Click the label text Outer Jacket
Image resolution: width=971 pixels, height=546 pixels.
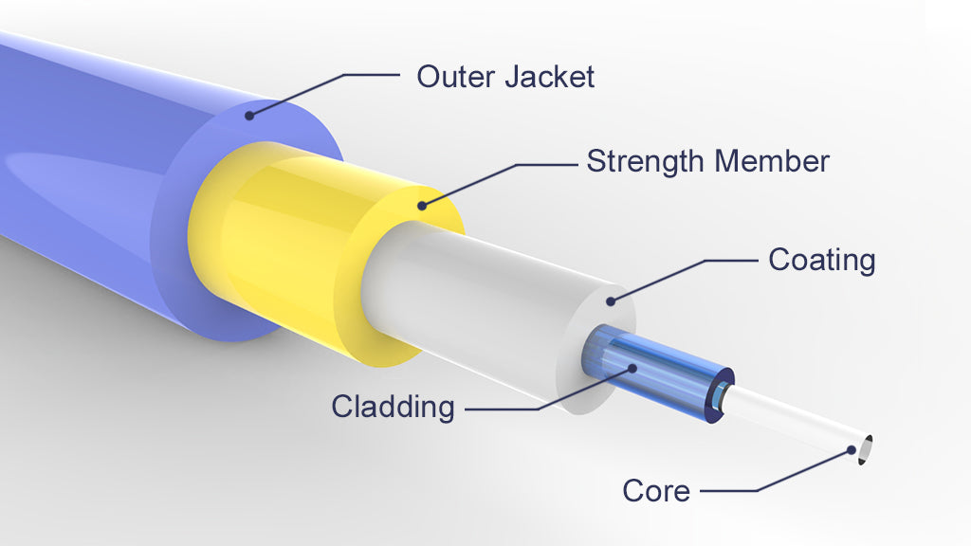[x=505, y=76]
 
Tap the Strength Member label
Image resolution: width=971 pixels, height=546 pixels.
[x=707, y=161]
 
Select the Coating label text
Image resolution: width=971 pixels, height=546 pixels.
[x=821, y=259]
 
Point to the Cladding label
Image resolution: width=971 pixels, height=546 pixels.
[x=393, y=407]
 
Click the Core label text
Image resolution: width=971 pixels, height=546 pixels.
[x=656, y=490]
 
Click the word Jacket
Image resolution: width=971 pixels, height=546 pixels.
[x=549, y=76]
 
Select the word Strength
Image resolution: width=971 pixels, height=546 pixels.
[x=646, y=161]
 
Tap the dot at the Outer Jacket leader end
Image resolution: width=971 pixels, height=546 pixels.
[x=250, y=117]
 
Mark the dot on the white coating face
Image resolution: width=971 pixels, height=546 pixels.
[x=611, y=301]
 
